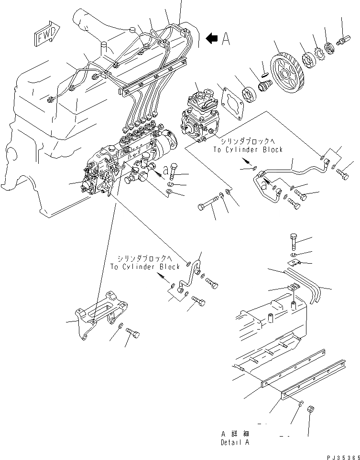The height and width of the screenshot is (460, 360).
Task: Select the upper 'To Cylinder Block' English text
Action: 248,150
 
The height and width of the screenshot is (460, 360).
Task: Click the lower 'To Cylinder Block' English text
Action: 145,267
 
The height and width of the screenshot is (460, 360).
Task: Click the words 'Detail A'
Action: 235,443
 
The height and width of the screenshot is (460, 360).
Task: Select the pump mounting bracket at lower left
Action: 101,315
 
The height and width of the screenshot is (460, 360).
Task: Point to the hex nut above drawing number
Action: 309,409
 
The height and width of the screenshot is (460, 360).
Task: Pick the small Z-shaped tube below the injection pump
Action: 189,277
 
